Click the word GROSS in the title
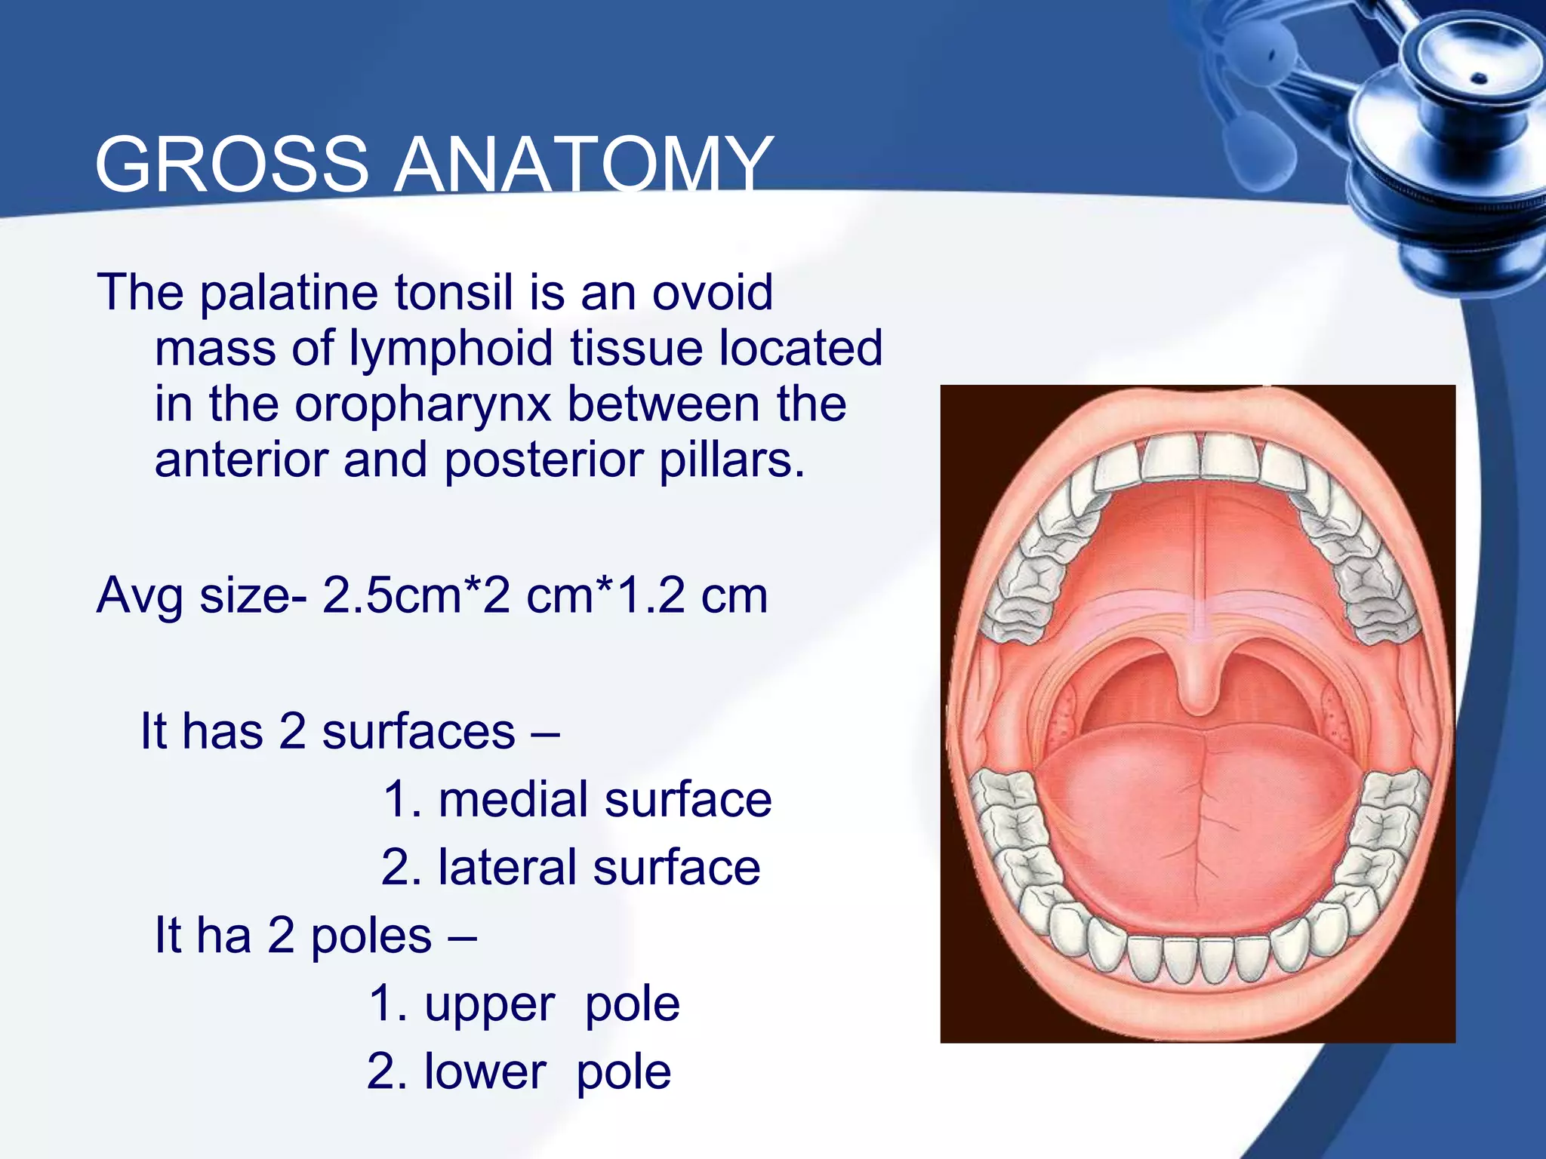coord(231,165)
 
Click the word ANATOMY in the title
coord(584,165)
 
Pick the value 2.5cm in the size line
coord(391,595)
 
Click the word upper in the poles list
coord(489,1004)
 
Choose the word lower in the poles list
coord(484,1072)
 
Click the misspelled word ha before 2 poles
coord(224,936)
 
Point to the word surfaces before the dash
coord(418,732)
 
